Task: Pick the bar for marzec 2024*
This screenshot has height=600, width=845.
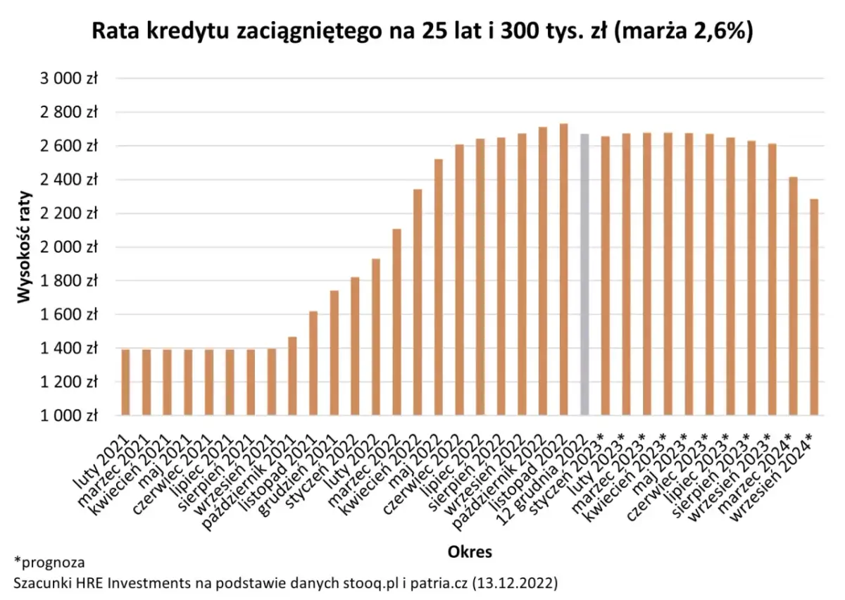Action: [x=793, y=296]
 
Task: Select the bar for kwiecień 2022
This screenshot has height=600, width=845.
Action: [x=418, y=302]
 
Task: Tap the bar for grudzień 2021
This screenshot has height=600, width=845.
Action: [x=334, y=353]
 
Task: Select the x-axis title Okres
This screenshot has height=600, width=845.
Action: [x=470, y=551]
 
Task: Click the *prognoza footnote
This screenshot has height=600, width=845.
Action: [x=49, y=563]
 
